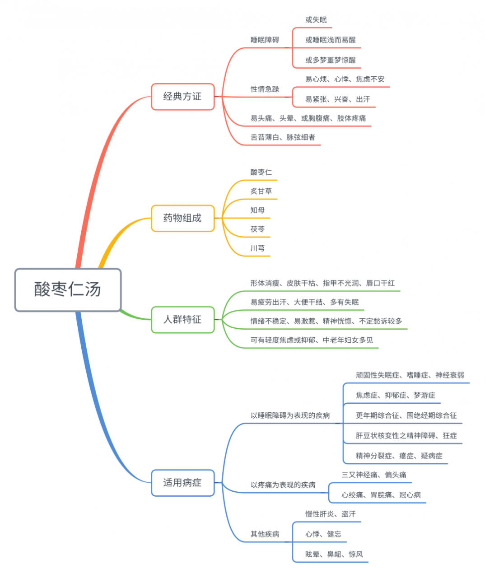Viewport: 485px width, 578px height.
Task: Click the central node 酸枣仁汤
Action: click(x=68, y=289)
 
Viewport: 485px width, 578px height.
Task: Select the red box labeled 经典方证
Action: click(x=182, y=97)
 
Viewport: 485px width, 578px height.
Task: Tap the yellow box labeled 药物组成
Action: click(x=182, y=218)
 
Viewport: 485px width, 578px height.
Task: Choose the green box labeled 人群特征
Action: click(x=182, y=320)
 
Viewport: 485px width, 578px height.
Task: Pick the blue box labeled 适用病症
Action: click(x=182, y=483)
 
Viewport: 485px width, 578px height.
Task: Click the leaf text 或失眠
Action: click(x=316, y=20)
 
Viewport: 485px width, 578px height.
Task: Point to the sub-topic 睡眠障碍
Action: click(x=265, y=40)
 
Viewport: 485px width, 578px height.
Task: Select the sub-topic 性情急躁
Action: click(x=265, y=89)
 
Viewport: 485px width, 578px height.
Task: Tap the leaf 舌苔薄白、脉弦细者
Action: click(x=283, y=137)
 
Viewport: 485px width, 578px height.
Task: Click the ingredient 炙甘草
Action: click(x=261, y=191)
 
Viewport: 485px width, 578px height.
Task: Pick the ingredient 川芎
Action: click(x=257, y=248)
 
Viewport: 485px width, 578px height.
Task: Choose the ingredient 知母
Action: click(x=257, y=210)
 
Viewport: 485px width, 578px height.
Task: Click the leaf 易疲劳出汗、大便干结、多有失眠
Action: click(x=304, y=303)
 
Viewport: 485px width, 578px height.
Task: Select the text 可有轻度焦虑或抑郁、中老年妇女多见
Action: click(x=312, y=340)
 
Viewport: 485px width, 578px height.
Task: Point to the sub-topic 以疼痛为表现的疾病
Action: click(x=283, y=485)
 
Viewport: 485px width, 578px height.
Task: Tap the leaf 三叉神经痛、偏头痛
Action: click(x=374, y=475)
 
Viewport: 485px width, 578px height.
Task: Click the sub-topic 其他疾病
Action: click(x=265, y=534)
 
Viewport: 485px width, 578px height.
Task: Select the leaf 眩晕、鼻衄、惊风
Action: click(x=334, y=555)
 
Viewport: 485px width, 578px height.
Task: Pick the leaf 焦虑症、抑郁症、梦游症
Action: click(x=396, y=396)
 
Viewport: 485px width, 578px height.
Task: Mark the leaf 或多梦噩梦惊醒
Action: click(x=331, y=60)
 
